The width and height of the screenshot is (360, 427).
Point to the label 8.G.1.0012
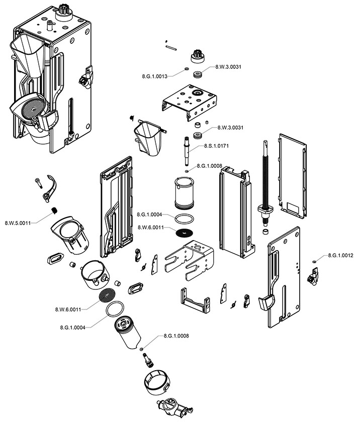click(x=341, y=256)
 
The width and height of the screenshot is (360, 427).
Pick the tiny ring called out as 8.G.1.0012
click(x=314, y=261)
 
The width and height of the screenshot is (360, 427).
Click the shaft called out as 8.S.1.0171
click(x=187, y=151)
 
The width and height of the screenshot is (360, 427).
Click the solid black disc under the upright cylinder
click(x=185, y=233)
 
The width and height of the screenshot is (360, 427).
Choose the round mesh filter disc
click(x=109, y=295)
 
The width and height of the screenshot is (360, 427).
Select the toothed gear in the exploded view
click(x=197, y=56)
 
